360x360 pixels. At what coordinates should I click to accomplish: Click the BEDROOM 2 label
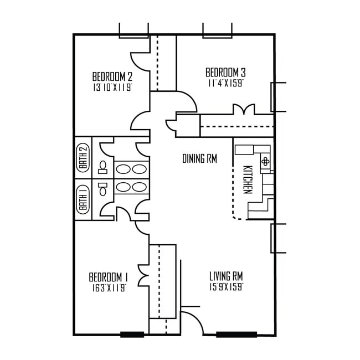pyautogui.click(x=112, y=76)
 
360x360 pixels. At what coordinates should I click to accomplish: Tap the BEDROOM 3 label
pyautogui.click(x=225, y=73)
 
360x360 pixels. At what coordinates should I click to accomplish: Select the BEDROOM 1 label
pyautogui.click(x=109, y=277)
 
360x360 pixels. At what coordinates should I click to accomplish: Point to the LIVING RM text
pyautogui.click(x=226, y=276)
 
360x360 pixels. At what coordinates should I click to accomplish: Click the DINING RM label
pyautogui.click(x=199, y=159)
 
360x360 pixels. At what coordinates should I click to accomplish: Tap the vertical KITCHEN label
pyautogui.click(x=248, y=179)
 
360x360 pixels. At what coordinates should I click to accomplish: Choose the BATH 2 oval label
pyautogui.click(x=83, y=157)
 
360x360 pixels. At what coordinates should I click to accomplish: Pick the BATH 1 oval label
pyautogui.click(x=83, y=199)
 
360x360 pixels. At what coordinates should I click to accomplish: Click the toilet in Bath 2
pyautogui.click(x=103, y=168)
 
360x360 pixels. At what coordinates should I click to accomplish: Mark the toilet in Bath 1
pyautogui.click(x=103, y=190)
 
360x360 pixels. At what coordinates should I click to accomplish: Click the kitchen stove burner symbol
pyautogui.click(x=266, y=161)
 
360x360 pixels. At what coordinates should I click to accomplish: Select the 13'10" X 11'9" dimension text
pyautogui.click(x=112, y=87)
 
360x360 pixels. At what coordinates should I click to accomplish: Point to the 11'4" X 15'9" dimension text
pyautogui.click(x=225, y=83)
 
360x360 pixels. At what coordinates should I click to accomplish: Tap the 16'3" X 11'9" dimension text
pyautogui.click(x=109, y=287)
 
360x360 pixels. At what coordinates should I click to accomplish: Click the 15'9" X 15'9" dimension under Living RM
pyautogui.click(x=226, y=286)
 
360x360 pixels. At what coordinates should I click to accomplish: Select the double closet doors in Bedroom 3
pyautogui.click(x=243, y=109)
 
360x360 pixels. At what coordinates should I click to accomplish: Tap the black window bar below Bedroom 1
pyautogui.click(x=132, y=335)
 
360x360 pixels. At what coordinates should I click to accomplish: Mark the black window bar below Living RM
pyautogui.click(x=236, y=335)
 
